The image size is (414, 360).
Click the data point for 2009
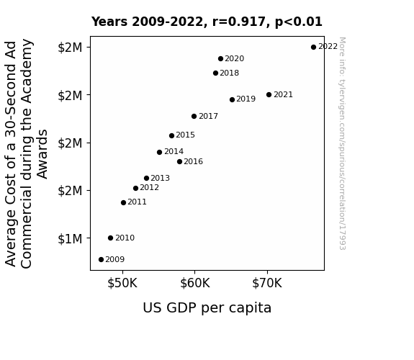point(101,260)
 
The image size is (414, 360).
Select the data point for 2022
point(313,48)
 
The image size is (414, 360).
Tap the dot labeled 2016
point(179,162)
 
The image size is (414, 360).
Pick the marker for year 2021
point(269,94)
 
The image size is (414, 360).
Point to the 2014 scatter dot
point(159,152)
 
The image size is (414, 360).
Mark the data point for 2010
point(111,238)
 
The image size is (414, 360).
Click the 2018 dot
point(215,73)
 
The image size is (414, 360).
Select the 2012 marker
point(135,189)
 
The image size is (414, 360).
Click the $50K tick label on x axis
point(122,284)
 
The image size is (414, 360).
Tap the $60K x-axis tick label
point(195,284)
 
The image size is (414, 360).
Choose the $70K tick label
point(267,284)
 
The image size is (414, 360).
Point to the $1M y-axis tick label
point(70,239)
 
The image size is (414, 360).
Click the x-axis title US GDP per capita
point(207,308)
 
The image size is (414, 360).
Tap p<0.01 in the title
point(299,22)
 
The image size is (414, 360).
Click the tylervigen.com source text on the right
point(342,143)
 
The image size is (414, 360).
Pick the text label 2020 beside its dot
point(235,58)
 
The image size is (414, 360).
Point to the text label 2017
point(208,116)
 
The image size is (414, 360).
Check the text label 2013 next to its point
point(161,179)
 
